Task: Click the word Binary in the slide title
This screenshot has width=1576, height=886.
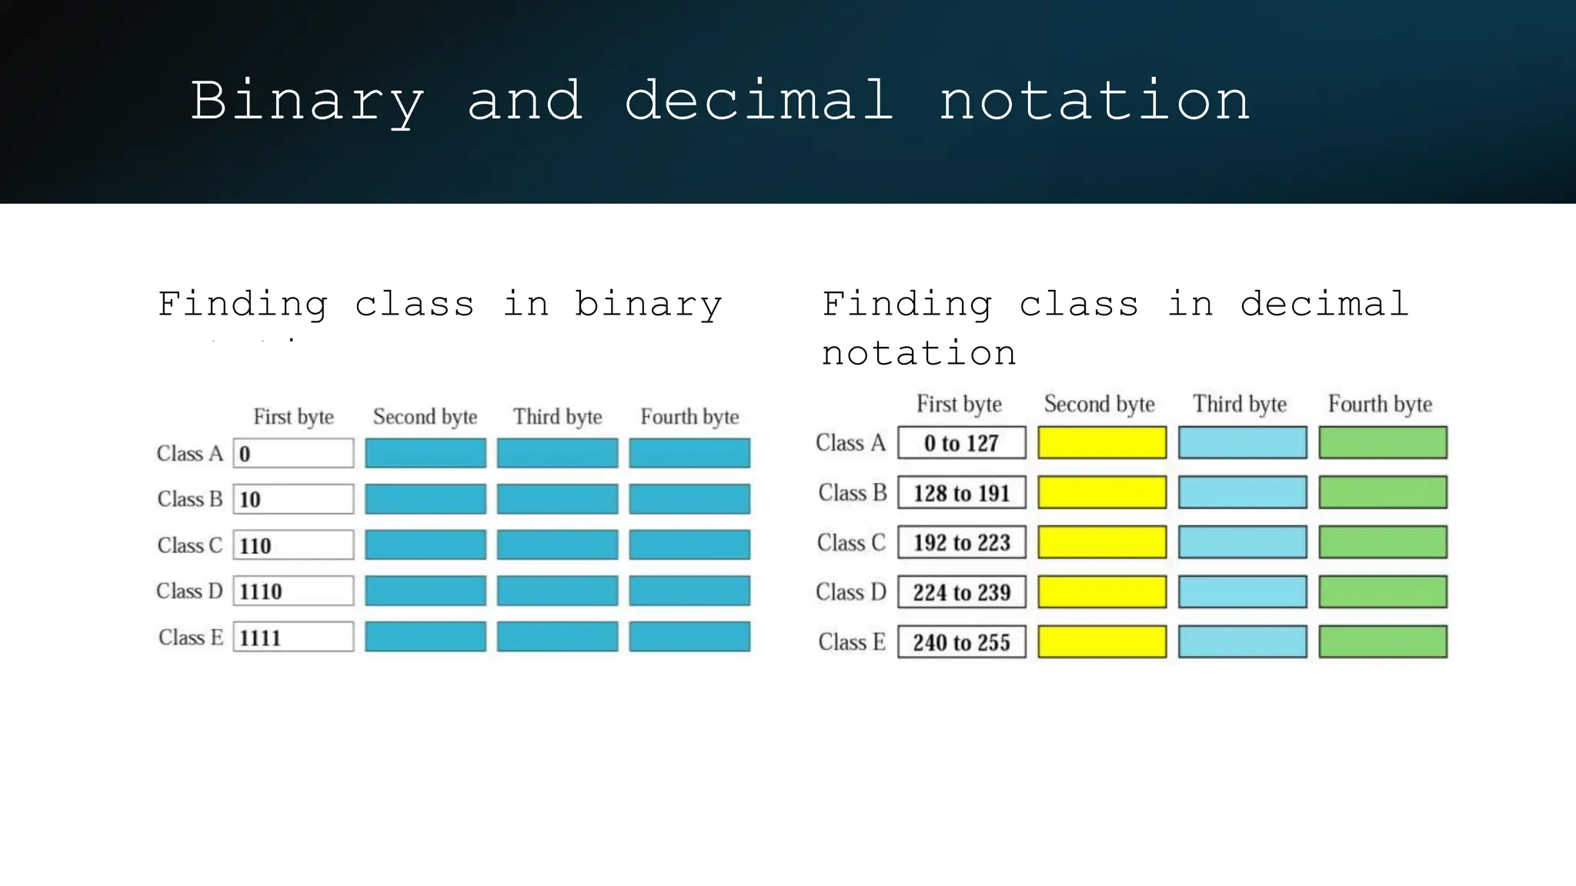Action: (307, 102)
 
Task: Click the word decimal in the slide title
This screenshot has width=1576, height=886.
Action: (758, 101)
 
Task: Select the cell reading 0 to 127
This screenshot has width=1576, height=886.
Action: (961, 443)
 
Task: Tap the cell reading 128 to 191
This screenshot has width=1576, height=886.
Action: (961, 493)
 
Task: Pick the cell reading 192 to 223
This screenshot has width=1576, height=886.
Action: (961, 543)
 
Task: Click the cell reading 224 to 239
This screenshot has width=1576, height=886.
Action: (961, 592)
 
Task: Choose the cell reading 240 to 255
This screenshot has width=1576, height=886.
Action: (961, 642)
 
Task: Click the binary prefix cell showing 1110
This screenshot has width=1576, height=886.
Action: (293, 591)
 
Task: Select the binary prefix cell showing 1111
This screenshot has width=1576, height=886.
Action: (293, 638)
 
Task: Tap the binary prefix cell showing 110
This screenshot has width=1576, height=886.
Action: (293, 545)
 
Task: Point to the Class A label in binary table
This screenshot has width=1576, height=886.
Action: (189, 454)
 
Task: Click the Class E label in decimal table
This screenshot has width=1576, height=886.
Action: (851, 642)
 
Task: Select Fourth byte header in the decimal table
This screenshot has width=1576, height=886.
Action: (1380, 404)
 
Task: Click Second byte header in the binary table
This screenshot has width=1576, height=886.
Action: (425, 417)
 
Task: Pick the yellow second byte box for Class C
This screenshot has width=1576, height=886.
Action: (1101, 543)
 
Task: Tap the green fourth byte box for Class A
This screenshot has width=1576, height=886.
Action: (1382, 443)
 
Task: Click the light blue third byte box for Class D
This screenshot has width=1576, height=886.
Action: (1242, 592)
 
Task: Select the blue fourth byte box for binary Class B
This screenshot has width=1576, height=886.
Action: (689, 499)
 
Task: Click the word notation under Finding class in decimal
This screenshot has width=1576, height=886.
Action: (919, 354)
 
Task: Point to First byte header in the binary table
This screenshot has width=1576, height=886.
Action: (293, 417)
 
